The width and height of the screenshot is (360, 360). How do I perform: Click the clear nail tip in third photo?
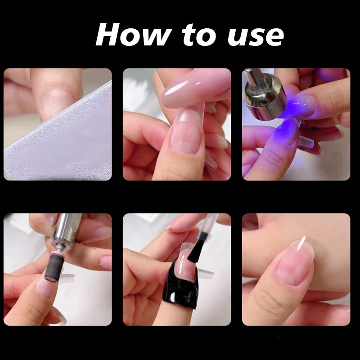pyautogui.click(x=306, y=142)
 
